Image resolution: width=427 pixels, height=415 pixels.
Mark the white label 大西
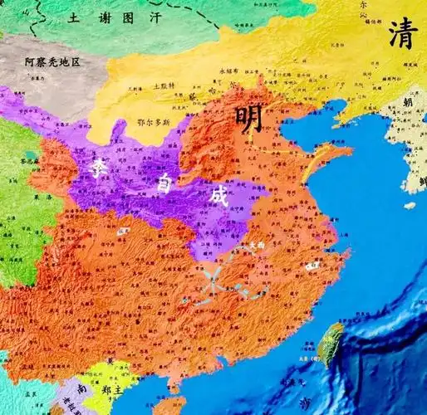coord(258,246)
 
